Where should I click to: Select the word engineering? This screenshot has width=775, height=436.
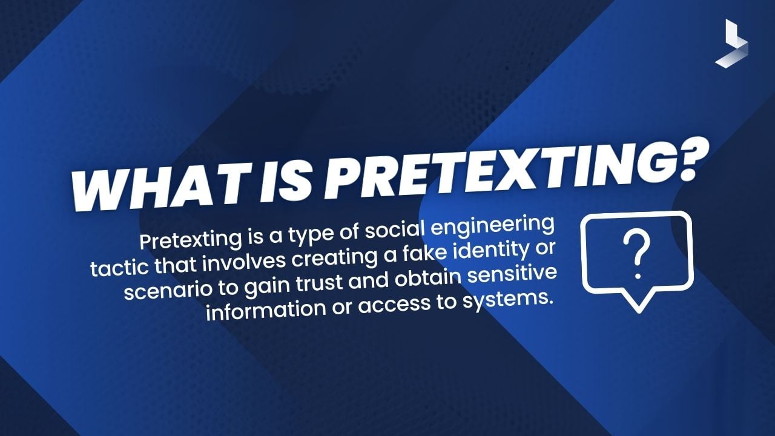click(504, 227)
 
